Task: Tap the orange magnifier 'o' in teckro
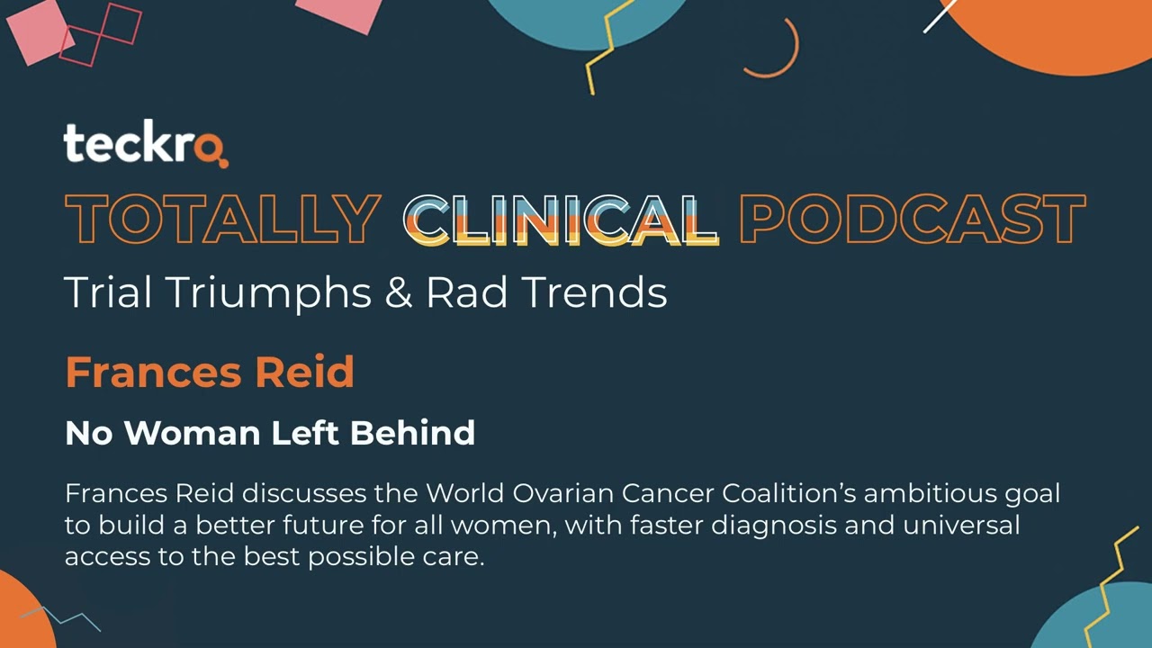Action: pos(211,148)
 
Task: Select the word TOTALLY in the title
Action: pos(222,220)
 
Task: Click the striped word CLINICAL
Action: pos(560,220)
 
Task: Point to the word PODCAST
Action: pos(912,220)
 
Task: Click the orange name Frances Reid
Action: pos(209,372)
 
